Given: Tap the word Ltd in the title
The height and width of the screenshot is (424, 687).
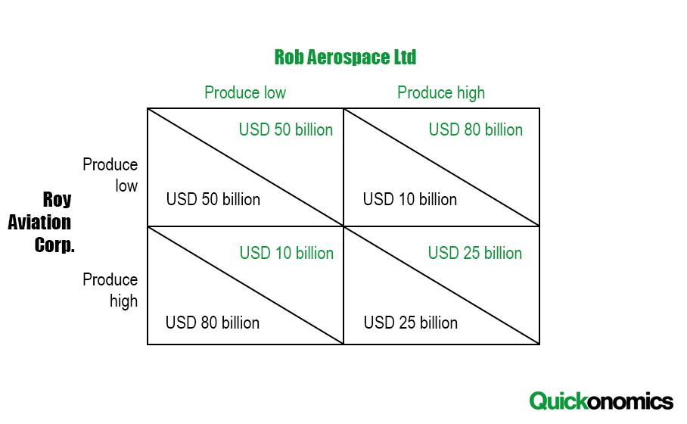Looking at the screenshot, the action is coord(406,58).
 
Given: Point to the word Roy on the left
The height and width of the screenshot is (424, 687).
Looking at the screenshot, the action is coord(57,200).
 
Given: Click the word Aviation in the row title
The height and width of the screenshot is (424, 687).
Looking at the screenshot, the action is coord(39,223).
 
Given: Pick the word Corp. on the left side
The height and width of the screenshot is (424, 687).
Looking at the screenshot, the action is coord(54,245).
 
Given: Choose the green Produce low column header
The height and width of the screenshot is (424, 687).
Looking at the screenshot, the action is coord(245,93).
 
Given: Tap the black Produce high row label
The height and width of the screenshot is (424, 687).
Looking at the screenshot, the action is coord(110,291).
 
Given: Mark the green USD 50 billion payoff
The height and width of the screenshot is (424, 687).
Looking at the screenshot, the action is coord(286,129).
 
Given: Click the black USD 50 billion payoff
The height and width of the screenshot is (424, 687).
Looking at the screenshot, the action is coord(213,199).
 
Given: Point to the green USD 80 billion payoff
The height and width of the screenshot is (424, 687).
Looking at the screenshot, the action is coord(476,129).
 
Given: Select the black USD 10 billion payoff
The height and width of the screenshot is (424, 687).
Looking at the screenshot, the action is coord(410,199).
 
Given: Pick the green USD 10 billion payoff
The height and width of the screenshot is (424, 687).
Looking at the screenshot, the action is coord(287,254).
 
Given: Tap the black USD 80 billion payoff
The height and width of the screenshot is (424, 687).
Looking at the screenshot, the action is coord(213,323).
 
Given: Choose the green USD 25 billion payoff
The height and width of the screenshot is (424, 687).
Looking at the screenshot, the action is coord(475,254).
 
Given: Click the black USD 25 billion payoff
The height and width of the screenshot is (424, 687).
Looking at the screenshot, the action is coord(411,323).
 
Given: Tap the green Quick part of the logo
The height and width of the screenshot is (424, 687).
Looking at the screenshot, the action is coord(558,401).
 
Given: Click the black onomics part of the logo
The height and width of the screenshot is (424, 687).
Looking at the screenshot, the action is coord(629,401).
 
